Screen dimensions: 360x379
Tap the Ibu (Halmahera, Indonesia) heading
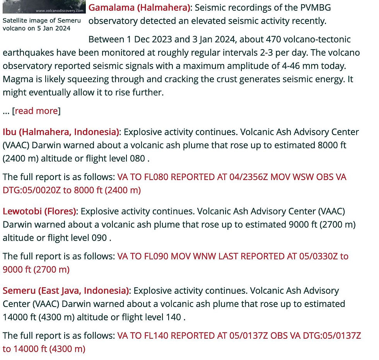point(61,132)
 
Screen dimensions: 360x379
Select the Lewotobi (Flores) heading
point(39,211)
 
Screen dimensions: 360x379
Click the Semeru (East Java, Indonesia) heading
point(66,290)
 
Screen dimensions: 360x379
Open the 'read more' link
point(36,111)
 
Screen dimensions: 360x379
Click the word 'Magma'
point(15,79)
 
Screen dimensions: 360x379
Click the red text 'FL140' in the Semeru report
point(153,336)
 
